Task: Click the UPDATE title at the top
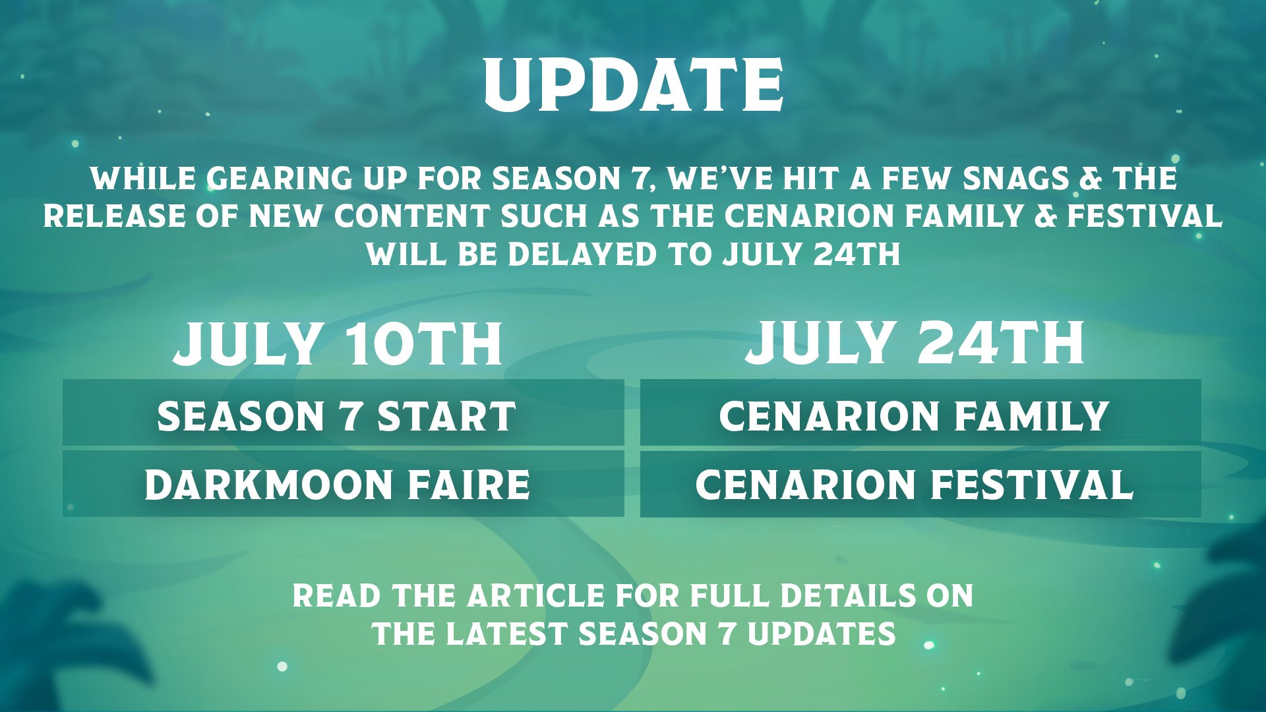[634, 84]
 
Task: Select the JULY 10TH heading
[338, 343]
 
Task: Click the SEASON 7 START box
[343, 413]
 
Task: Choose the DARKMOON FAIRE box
[343, 483]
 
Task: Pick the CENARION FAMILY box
[920, 413]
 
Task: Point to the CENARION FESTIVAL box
[920, 483]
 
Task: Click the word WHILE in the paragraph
[143, 179]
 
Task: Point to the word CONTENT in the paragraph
[412, 216]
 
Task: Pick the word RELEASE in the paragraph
[115, 216]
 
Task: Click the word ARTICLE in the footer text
[536, 596]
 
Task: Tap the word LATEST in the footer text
[506, 634]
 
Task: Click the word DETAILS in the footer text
[849, 596]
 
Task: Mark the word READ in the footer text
[337, 596]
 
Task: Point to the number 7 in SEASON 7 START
[351, 417]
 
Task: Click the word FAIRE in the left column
[469, 485]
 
